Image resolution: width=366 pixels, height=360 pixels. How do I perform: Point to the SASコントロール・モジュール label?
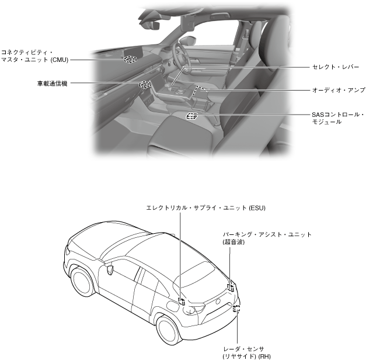(x=337, y=118)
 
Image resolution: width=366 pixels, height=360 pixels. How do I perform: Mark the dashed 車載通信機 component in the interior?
(x=145, y=85)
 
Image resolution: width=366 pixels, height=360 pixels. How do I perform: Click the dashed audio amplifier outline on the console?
(x=200, y=90)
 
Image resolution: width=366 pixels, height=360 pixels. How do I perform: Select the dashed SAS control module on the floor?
(x=191, y=116)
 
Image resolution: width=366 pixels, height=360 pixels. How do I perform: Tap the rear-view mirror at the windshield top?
(x=152, y=26)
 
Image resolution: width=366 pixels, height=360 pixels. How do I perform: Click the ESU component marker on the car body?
(x=182, y=302)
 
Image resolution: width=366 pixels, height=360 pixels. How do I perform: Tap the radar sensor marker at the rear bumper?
(x=236, y=309)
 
